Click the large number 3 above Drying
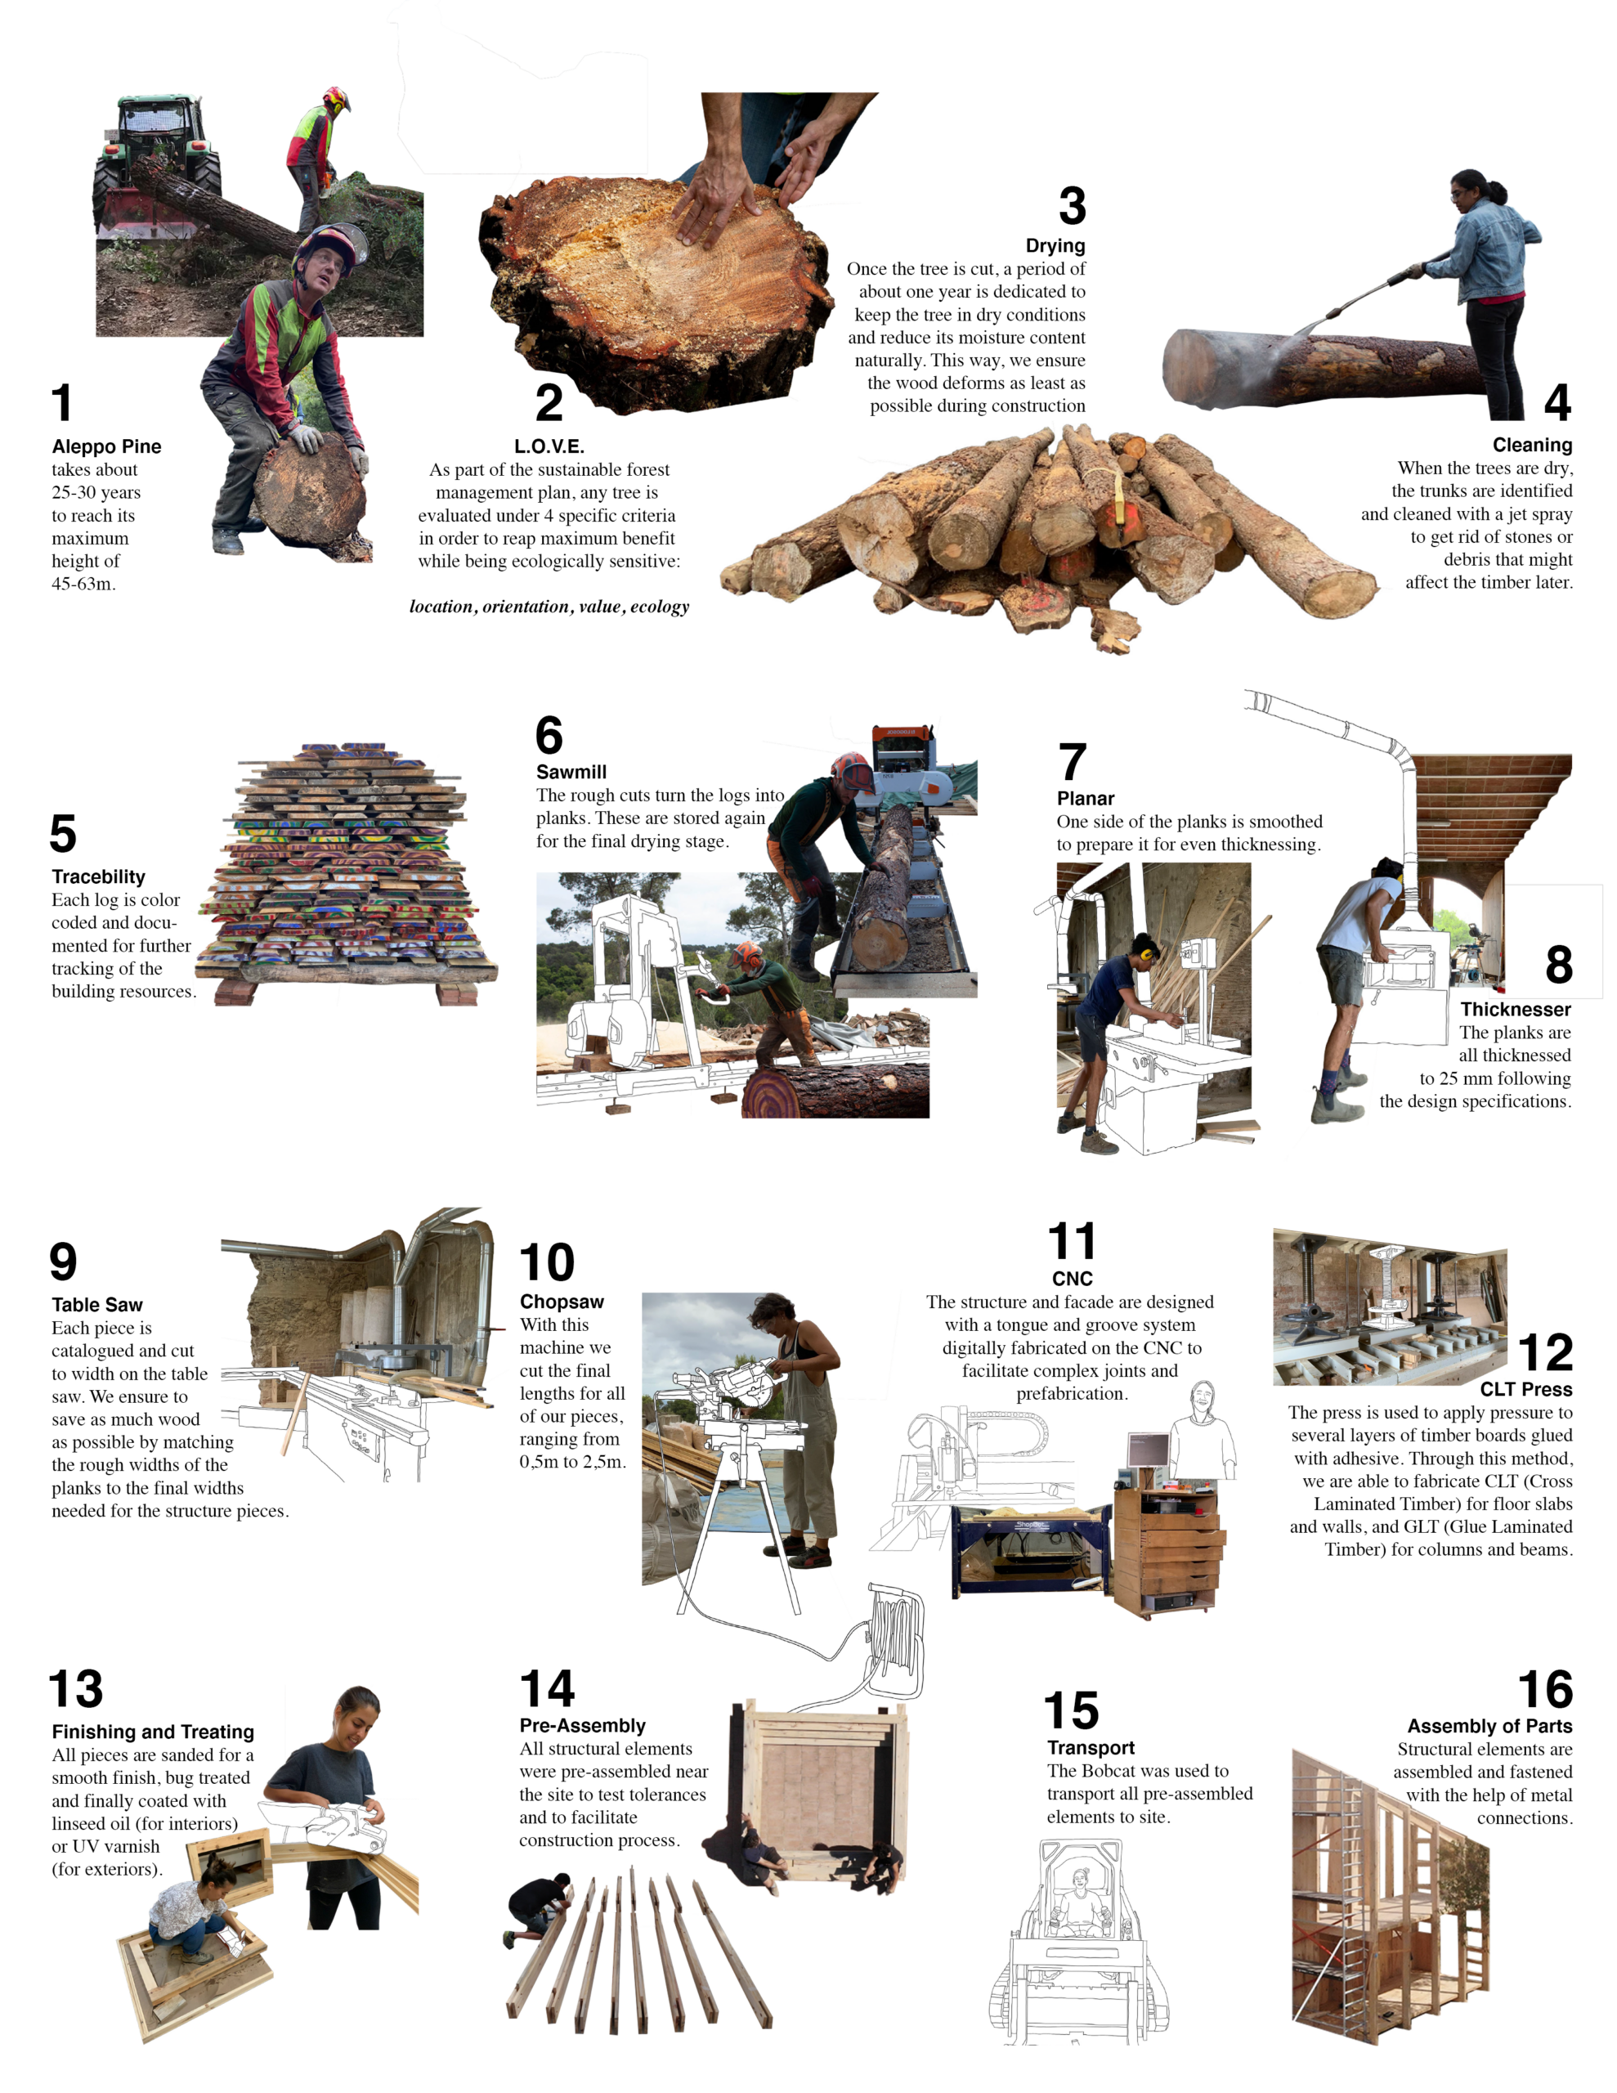1072,206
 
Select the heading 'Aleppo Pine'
106,446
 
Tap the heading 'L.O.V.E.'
549,446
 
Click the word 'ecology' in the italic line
660,607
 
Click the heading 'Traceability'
99,877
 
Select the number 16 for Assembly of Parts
1544,1691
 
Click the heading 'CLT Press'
1526,1390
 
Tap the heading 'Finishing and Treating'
152,1732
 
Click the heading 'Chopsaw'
562,1302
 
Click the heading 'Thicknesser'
1515,1009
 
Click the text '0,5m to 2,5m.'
571,1462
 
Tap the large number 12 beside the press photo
1544,1353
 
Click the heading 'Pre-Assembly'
582,1725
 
